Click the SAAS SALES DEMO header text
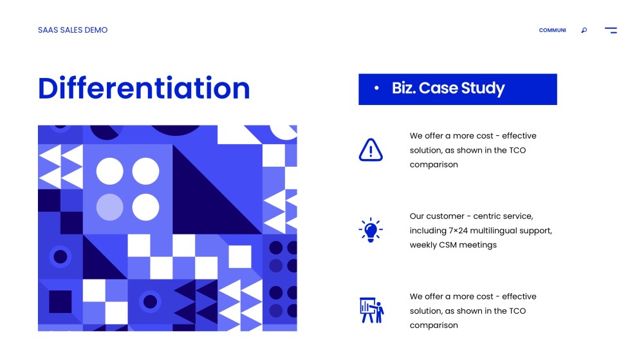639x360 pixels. (73, 30)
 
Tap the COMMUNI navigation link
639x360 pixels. (552, 30)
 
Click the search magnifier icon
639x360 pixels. (584, 30)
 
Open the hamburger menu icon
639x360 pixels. (611, 30)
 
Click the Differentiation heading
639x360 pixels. (144, 88)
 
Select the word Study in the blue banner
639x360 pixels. (483, 88)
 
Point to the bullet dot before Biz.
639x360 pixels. (376, 88)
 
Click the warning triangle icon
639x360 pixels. (370, 150)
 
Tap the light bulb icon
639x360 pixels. (370, 229)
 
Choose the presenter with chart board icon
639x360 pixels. (371, 310)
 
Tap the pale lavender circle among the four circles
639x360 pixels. (109, 207)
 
